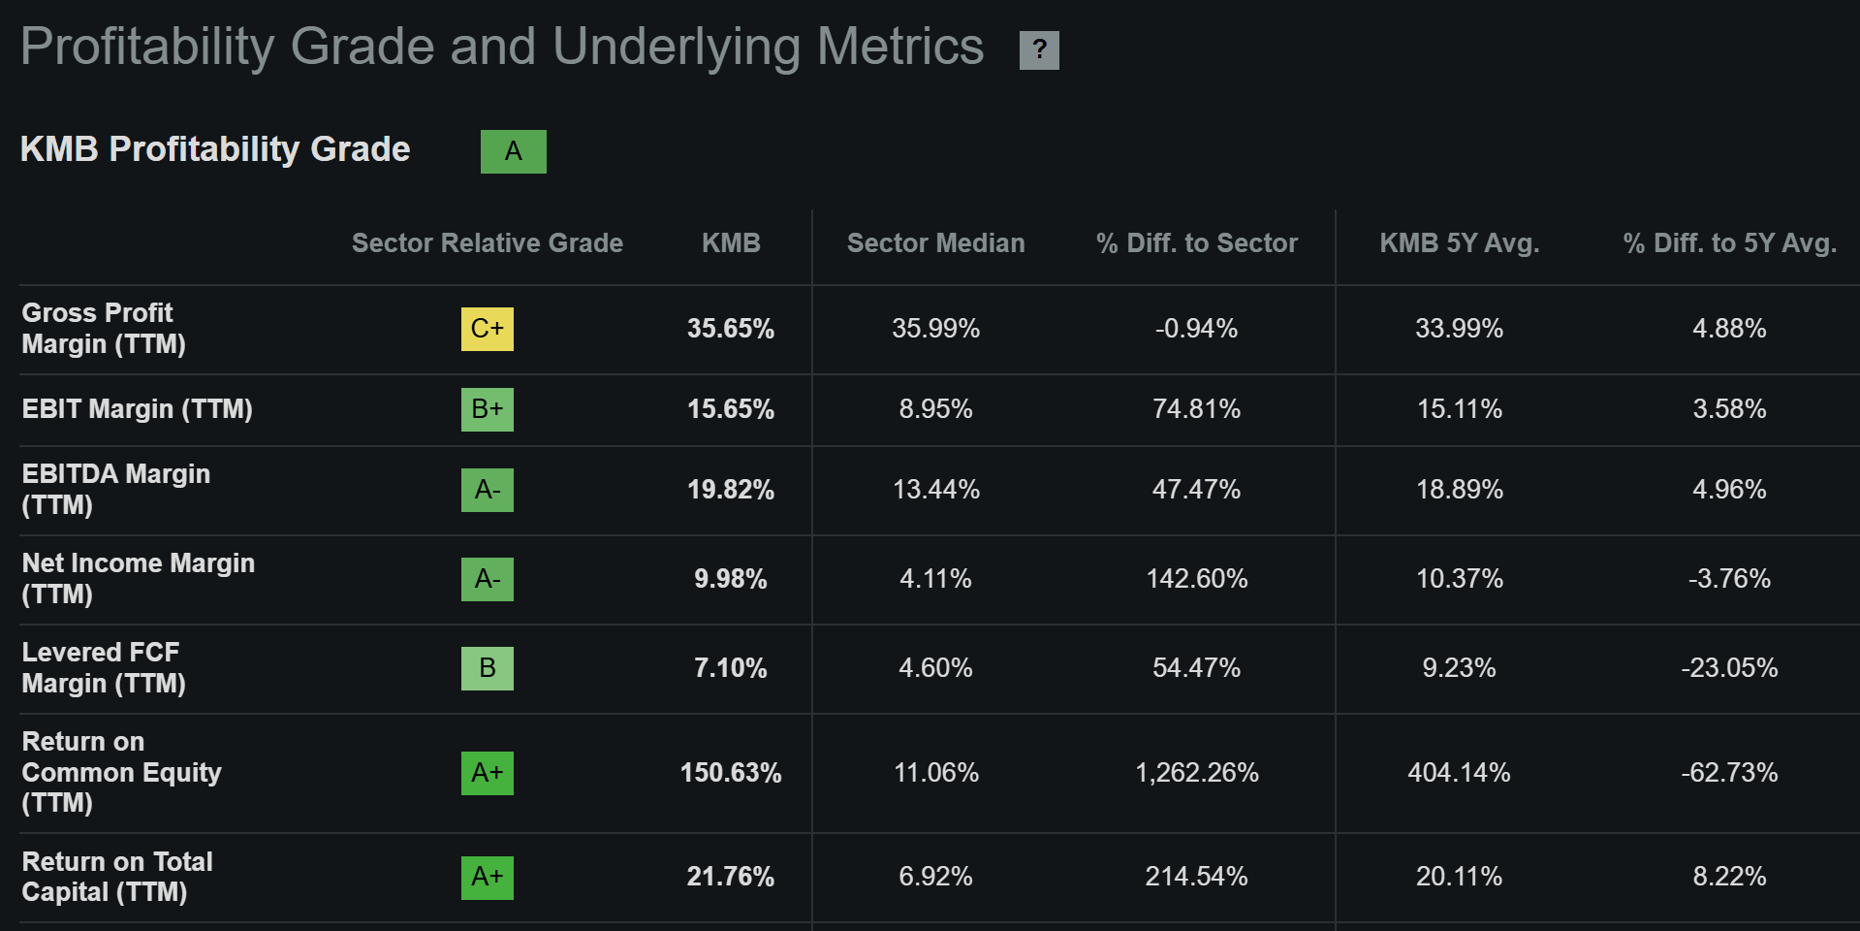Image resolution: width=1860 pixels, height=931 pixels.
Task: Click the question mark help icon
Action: tap(1039, 49)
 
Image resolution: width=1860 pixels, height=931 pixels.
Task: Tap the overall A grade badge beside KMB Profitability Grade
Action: tap(513, 151)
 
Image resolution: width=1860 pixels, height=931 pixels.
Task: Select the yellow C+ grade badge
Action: tap(487, 329)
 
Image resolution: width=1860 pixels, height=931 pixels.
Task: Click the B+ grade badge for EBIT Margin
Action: tap(487, 409)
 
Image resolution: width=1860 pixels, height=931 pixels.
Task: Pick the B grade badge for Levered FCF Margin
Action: tap(487, 668)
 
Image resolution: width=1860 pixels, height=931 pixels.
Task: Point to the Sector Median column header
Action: tap(935, 243)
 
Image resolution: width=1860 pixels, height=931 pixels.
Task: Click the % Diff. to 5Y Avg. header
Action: tap(1729, 243)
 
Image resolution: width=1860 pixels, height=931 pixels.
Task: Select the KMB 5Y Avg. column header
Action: tap(1459, 243)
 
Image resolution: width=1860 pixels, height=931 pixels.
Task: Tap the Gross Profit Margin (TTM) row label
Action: tap(103, 329)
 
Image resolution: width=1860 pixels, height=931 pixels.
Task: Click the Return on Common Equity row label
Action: tap(121, 773)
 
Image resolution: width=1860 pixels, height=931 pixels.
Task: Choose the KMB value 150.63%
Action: tap(730, 773)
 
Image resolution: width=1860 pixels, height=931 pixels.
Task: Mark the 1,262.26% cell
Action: tap(1196, 773)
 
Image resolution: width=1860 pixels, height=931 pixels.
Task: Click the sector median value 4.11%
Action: tap(935, 579)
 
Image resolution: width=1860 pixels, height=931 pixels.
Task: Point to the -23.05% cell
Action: tap(1729, 668)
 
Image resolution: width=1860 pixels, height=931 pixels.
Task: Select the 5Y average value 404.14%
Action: tap(1459, 773)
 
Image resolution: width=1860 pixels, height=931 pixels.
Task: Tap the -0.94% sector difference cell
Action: tap(1196, 329)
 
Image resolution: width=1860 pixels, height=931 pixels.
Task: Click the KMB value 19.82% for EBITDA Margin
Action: tap(730, 490)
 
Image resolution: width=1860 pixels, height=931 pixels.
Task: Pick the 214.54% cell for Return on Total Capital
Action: tap(1196, 877)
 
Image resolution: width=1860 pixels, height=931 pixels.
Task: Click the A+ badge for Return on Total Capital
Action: tap(487, 878)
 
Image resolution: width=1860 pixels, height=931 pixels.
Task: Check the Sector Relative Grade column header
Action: tap(487, 243)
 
